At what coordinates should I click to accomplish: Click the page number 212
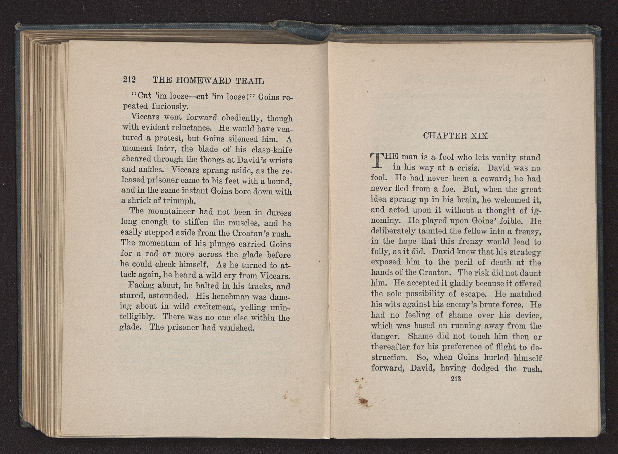(x=129, y=80)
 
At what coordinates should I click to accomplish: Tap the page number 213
(x=456, y=379)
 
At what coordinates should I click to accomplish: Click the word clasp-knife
(x=272, y=150)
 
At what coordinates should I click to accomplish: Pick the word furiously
(x=170, y=107)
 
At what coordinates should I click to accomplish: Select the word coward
(x=496, y=179)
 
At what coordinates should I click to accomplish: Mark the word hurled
(x=490, y=358)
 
